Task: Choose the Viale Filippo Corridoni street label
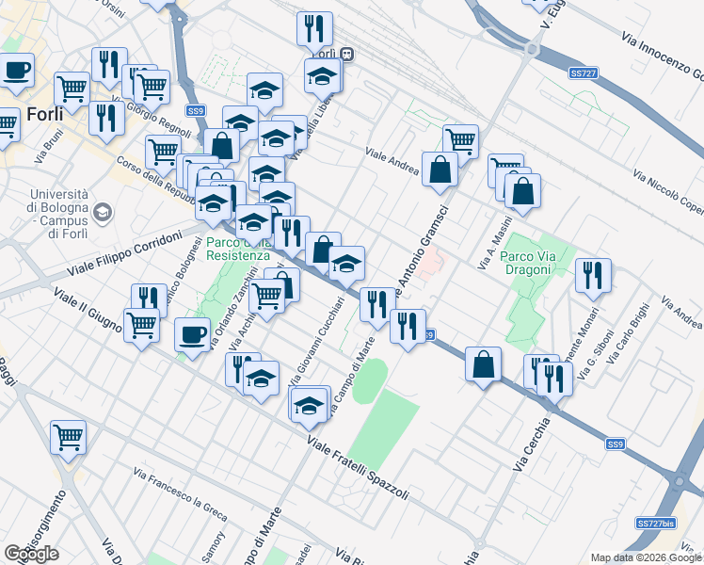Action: click(122, 255)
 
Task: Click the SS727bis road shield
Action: click(655, 523)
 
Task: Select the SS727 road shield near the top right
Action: click(584, 72)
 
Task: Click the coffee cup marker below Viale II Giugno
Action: click(193, 334)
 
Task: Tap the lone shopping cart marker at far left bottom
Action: click(69, 435)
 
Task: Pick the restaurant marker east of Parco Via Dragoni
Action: click(593, 274)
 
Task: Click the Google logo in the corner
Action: click(31, 554)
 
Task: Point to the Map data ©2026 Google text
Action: click(646, 557)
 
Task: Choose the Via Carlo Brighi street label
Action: click(628, 335)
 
